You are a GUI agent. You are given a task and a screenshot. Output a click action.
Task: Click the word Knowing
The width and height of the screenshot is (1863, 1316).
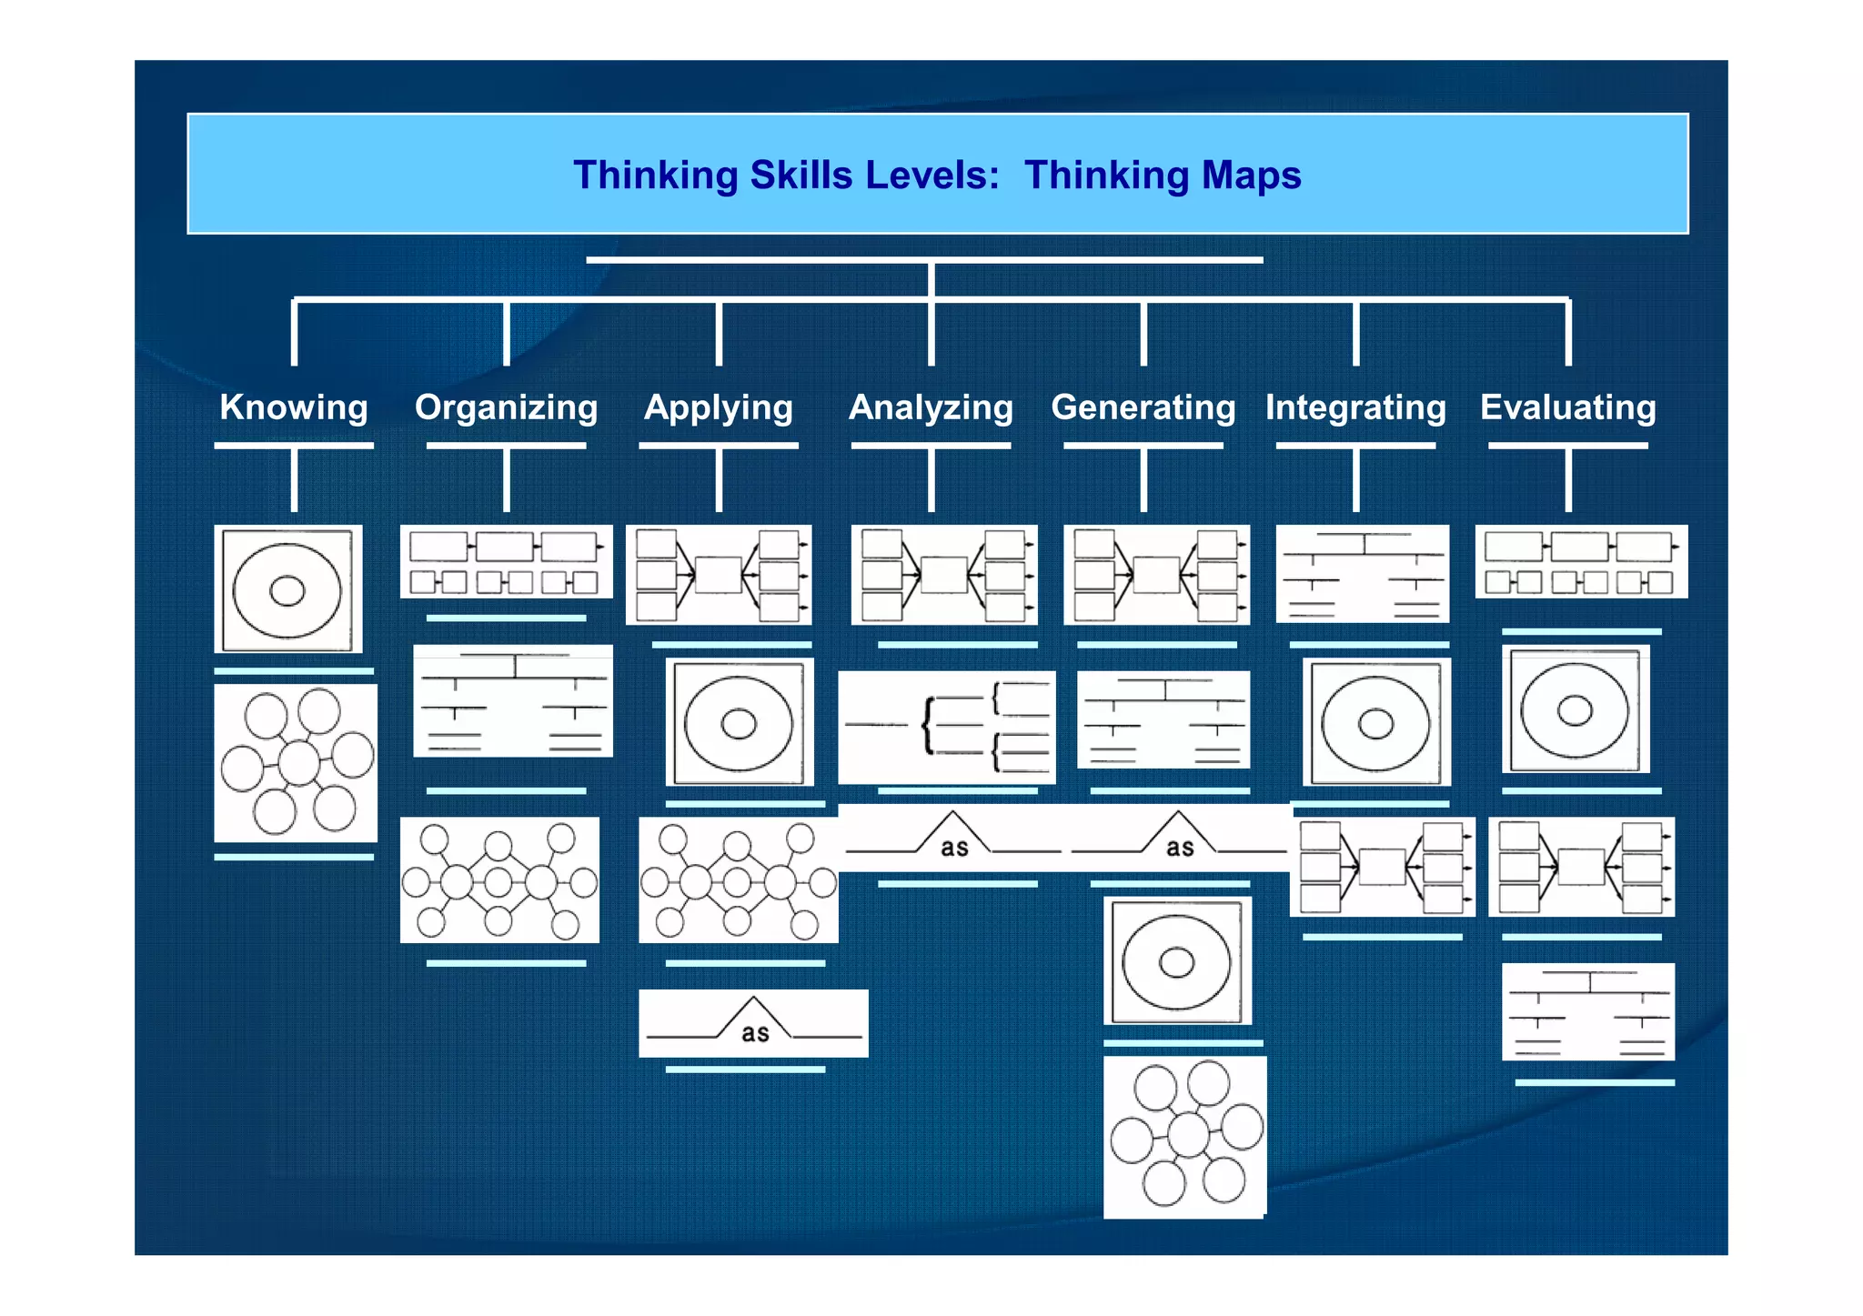(294, 407)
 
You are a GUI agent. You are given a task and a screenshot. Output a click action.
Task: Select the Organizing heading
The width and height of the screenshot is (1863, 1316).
(506, 407)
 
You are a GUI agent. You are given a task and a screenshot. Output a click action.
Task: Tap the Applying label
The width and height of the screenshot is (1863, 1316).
(718, 407)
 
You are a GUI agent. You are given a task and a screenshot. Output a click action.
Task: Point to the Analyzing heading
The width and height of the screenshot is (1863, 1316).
(931, 407)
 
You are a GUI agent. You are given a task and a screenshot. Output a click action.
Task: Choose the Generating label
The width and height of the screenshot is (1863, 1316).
(1143, 407)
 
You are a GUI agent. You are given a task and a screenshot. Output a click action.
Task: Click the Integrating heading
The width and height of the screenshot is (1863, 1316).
(1355, 407)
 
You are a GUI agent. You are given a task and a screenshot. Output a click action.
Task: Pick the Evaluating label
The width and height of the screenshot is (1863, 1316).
(1567, 407)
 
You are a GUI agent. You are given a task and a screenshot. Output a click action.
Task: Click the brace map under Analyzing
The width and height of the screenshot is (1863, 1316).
(946, 727)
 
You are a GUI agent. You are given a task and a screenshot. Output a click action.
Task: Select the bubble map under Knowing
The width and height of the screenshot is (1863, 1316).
(296, 763)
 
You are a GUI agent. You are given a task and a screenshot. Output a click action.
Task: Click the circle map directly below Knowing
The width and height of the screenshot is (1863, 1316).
(287, 588)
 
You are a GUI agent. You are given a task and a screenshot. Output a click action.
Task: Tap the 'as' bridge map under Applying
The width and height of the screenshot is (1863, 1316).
(753, 1023)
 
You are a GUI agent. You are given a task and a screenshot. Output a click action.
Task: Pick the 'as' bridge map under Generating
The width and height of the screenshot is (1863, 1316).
(1179, 838)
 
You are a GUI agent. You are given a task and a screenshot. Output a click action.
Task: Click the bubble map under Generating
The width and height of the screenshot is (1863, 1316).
(1184, 1137)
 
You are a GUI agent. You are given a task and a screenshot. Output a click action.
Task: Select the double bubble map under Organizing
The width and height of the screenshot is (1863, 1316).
(499, 879)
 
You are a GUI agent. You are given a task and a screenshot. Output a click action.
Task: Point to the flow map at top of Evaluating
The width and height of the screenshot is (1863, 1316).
(1581, 561)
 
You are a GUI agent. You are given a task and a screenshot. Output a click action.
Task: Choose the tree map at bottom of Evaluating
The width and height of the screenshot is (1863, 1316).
(1587, 1011)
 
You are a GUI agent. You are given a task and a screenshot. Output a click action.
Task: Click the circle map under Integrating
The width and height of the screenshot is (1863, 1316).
(1375, 722)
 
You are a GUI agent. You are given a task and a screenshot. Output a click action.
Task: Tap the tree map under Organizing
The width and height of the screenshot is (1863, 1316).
(513, 700)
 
